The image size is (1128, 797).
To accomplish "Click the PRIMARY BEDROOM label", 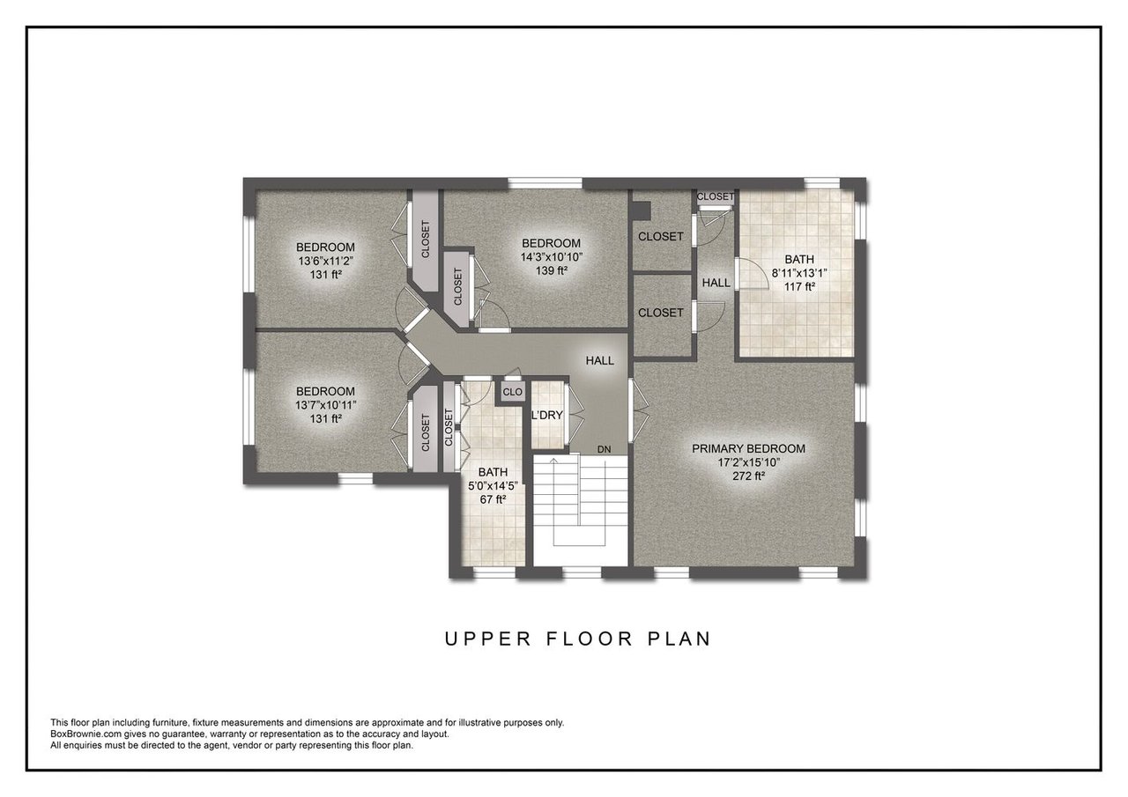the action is click(748, 448).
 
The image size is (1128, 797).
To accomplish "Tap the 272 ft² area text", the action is click(748, 476).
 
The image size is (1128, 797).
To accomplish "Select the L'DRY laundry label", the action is click(547, 416).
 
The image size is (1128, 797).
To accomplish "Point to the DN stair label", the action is click(604, 449).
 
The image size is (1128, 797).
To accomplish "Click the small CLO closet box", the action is click(513, 392).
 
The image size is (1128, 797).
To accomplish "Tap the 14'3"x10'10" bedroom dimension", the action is click(552, 257).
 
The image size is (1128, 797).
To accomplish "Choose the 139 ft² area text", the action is click(552, 270).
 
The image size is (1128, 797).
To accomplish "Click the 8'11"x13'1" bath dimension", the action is click(799, 273).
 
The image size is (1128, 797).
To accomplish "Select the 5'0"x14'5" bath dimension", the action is click(493, 486).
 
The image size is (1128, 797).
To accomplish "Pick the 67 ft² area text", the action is click(493, 499).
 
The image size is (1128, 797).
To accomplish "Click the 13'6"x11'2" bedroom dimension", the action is click(325, 262).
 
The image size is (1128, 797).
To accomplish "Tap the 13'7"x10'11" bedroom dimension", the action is click(325, 405).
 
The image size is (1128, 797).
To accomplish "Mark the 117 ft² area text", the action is click(799, 287).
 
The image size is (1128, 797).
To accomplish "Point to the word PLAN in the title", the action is click(679, 639).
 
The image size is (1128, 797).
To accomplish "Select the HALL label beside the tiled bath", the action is click(716, 283).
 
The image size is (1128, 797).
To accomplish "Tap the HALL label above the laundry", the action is click(600, 361).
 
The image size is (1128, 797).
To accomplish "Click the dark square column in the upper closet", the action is click(642, 210).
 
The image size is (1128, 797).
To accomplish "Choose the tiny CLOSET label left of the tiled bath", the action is click(715, 196).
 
